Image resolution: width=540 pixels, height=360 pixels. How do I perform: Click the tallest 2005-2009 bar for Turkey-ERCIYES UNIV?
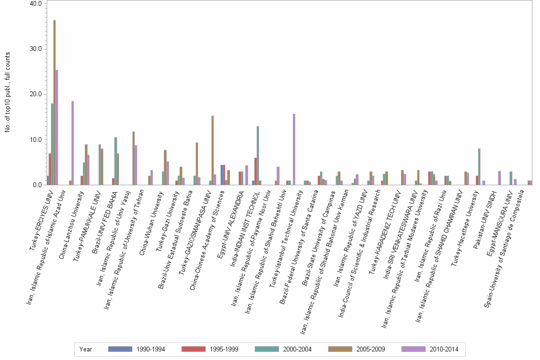point(54,102)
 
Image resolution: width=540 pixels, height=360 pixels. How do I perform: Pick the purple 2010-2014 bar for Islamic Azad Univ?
point(73,143)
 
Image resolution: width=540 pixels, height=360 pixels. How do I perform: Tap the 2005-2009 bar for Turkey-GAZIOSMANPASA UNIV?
point(212,150)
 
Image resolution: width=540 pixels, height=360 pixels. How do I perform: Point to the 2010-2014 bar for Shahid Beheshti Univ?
point(294,150)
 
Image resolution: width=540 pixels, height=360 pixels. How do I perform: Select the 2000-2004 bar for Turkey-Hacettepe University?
point(479,167)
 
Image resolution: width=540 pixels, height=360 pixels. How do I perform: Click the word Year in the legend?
point(86,349)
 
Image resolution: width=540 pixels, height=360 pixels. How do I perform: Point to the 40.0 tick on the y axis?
point(36,4)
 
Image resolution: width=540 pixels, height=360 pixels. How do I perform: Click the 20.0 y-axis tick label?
point(36,94)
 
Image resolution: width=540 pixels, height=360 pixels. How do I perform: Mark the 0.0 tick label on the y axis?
point(38,185)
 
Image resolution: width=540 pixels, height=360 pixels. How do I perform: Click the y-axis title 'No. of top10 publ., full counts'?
point(7,92)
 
